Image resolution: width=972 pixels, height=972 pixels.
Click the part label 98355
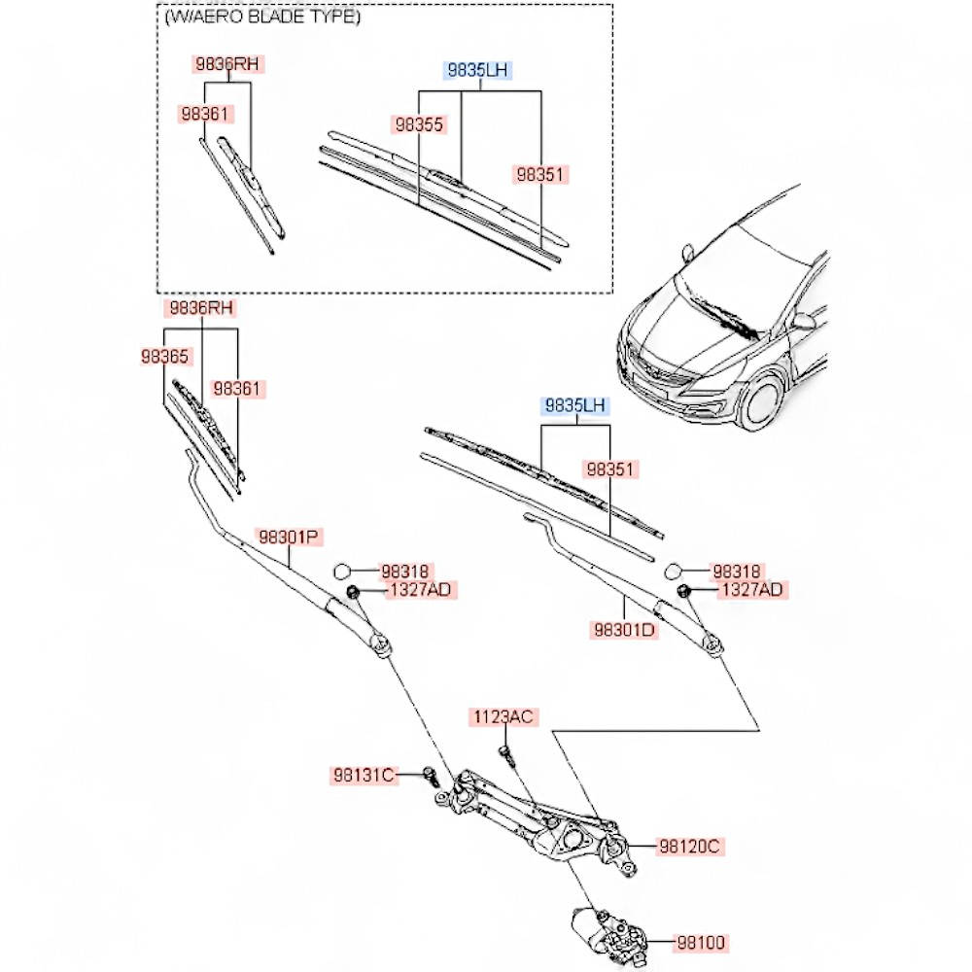(419, 124)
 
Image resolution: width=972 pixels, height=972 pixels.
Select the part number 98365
(164, 357)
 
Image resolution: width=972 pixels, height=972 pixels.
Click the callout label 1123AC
(503, 717)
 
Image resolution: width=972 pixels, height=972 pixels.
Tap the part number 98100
(701, 942)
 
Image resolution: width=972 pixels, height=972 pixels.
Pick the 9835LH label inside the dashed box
(478, 70)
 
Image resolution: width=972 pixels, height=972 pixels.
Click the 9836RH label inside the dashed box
(228, 65)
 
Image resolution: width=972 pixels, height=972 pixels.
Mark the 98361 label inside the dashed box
(204, 114)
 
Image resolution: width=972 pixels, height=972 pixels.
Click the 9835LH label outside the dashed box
(574, 405)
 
